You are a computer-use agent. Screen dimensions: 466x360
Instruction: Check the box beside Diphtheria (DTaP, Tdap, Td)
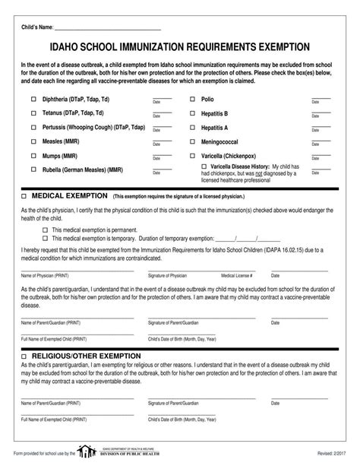click(33, 100)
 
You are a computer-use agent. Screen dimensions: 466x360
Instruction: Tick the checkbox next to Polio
click(193, 100)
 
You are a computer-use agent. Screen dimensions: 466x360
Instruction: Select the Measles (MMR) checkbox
click(33, 141)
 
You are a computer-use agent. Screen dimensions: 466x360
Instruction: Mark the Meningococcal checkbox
click(193, 141)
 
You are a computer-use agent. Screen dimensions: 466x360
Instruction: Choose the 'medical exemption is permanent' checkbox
click(45, 229)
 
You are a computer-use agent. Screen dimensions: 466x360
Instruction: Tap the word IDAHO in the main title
click(65, 47)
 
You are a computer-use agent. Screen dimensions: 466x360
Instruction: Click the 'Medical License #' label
click(237, 275)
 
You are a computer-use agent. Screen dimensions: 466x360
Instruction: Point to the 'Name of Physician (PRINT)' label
click(45, 275)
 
